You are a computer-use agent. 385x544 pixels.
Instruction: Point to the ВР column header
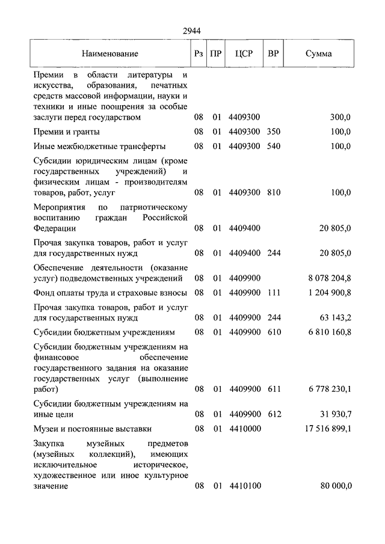click(273, 53)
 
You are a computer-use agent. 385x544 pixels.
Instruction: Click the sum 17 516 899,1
click(325, 429)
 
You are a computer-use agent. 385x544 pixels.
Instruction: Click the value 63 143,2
click(334, 317)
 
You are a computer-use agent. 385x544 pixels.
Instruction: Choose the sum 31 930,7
click(334, 414)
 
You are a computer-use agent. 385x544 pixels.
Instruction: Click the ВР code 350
click(274, 132)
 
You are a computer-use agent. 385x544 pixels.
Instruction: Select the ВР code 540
click(274, 146)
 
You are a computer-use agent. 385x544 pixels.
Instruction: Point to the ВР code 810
click(274, 192)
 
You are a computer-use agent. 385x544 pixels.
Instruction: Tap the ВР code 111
click(274, 293)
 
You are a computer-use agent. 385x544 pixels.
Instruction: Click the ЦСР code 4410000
click(244, 429)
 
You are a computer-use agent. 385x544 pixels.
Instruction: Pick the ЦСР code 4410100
click(244, 486)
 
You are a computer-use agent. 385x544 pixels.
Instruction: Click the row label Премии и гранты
click(67, 132)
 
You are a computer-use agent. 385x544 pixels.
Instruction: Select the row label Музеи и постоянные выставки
click(93, 429)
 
